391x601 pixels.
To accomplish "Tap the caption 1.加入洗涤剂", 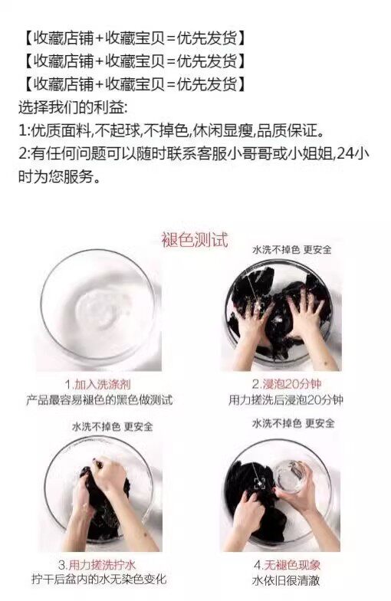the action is point(98,384).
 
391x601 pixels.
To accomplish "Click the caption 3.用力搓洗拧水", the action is point(97,564).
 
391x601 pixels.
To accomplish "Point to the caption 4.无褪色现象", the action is point(287,564).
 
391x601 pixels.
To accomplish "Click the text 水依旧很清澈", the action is point(286,580).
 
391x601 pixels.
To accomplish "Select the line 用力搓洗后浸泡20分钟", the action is point(286,400).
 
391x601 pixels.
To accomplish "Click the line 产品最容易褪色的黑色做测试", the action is point(100,400).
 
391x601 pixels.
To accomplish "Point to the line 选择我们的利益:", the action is point(72,107).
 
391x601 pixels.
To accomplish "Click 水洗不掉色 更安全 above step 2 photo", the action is point(291,250).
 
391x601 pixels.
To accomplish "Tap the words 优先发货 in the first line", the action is point(207,38).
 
